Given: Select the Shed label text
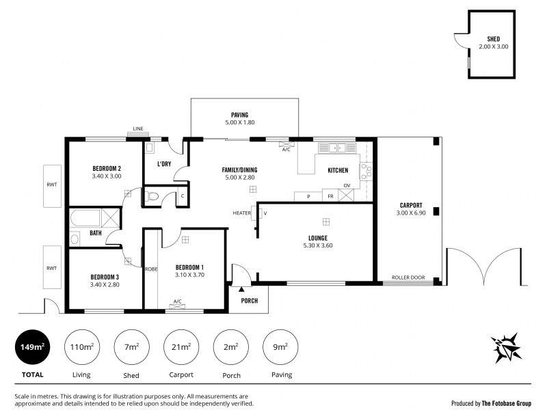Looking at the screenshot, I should (493, 39).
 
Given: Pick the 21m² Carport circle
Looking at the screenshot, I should (181, 348).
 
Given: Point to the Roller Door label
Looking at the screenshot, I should (408, 277).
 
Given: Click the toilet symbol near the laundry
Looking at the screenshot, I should (154, 197).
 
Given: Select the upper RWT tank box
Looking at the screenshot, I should (51, 184).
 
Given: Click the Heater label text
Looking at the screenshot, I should (241, 213).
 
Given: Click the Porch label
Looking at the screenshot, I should (250, 300).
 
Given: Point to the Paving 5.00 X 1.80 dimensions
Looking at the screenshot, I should (239, 123).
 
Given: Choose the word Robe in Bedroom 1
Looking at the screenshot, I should (150, 269).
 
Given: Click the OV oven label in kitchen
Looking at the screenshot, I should (347, 185).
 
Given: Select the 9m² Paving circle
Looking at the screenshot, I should (281, 348).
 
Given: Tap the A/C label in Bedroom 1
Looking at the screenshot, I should (177, 301).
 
